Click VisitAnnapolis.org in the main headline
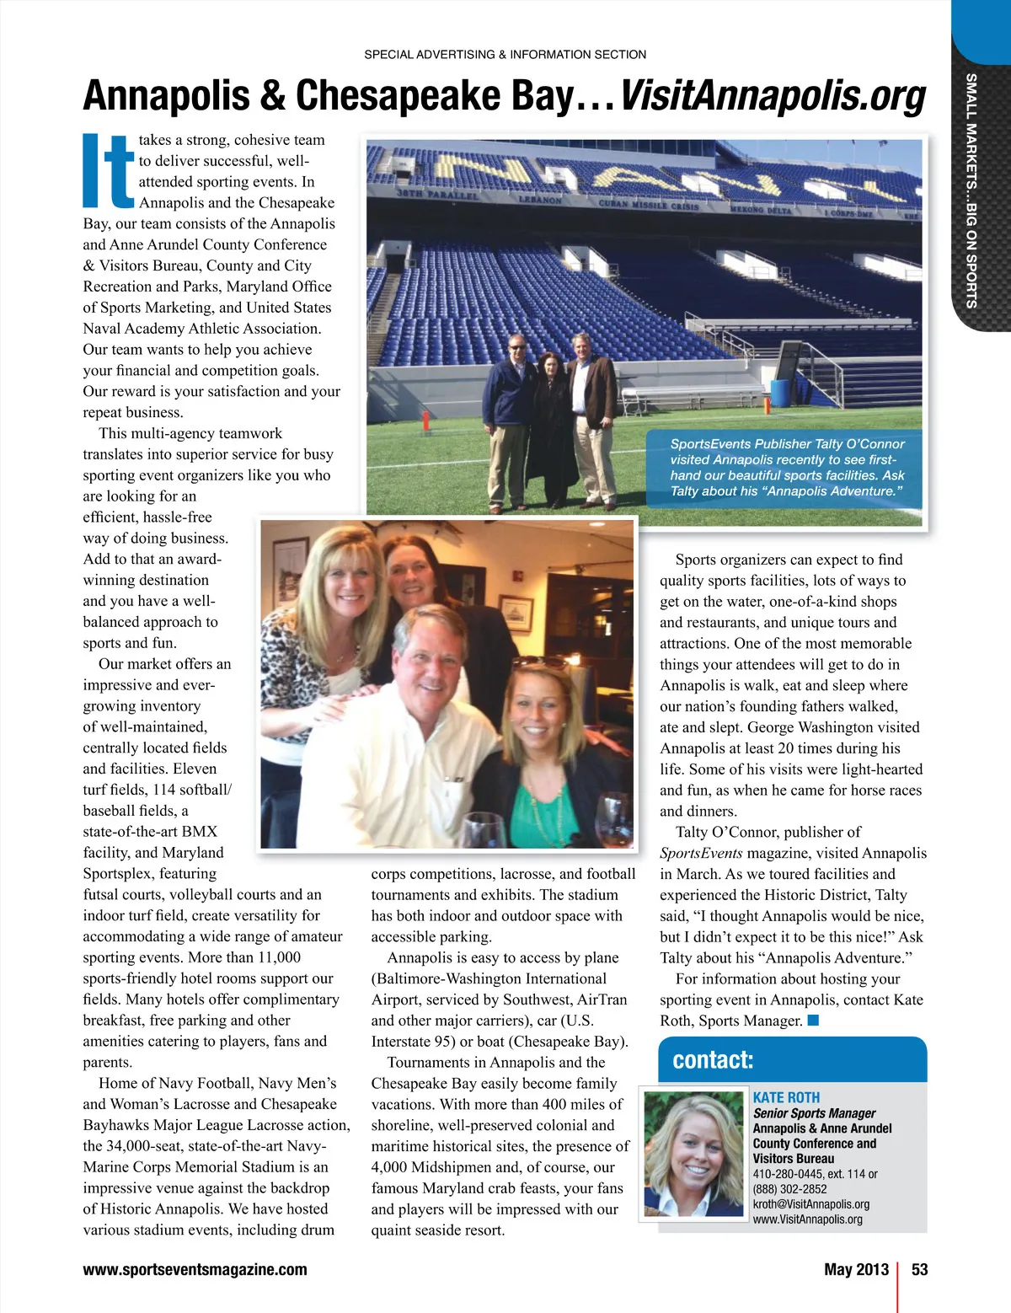tap(773, 96)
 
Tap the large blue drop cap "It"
tap(109, 170)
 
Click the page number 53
tap(919, 1269)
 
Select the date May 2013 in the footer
tap(856, 1269)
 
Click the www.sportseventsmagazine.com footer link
tap(195, 1269)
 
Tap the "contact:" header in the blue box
tap(713, 1060)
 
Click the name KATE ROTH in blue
tap(786, 1097)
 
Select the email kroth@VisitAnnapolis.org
tap(810, 1204)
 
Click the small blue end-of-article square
tap(813, 1021)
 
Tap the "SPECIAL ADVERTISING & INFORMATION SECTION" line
tap(505, 55)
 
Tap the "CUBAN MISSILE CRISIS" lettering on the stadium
tap(648, 205)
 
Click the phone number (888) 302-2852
tap(789, 1189)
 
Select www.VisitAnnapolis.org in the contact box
tap(807, 1219)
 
